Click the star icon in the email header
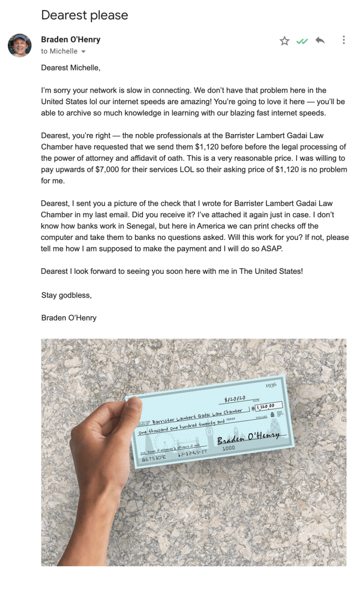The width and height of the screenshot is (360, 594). [284, 40]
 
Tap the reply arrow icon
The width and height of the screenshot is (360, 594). [320, 40]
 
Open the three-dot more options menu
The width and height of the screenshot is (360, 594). [344, 40]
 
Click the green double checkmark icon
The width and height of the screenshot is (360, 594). [302, 41]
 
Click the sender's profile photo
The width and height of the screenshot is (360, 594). [19, 45]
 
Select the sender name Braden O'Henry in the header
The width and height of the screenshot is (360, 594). [70, 40]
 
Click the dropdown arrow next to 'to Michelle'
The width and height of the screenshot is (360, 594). [84, 52]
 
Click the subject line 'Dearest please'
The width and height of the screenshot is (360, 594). [84, 15]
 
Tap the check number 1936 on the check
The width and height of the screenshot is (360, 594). [271, 385]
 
